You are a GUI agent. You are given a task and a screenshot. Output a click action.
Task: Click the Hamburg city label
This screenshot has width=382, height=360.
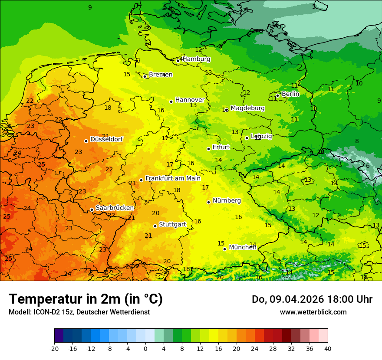196,59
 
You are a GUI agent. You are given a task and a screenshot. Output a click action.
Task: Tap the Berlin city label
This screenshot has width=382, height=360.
290,94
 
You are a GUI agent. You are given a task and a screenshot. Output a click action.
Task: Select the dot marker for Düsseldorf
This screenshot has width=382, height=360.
86,141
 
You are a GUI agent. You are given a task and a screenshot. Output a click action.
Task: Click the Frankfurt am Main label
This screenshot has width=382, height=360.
173,178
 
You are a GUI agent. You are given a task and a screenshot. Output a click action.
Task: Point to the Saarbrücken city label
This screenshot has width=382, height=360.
115,208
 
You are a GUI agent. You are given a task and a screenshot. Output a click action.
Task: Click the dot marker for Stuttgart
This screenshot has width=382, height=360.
155,226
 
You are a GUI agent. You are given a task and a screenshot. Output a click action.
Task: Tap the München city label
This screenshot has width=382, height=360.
242,247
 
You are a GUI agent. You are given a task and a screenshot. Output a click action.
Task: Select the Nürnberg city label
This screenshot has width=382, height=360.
227,200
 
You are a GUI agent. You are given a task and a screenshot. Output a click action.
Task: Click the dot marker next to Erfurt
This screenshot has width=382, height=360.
208,149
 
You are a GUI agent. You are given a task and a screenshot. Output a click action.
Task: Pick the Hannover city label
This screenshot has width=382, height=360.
190,100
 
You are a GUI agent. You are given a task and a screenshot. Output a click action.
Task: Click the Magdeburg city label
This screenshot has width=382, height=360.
247,108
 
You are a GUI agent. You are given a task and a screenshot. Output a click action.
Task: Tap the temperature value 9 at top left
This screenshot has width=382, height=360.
90,7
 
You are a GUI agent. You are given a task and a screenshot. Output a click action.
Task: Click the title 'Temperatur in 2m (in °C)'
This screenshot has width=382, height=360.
86,299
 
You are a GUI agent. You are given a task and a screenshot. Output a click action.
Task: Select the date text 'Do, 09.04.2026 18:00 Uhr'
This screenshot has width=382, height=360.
312,299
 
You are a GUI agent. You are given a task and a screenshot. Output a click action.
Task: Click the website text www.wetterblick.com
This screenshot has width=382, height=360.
313,312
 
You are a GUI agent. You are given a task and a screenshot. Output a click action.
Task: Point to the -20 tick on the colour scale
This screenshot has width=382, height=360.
54,348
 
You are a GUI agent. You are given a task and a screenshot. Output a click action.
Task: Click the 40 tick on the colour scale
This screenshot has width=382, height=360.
328,348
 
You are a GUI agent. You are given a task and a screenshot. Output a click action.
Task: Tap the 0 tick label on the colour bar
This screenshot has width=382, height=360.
145,348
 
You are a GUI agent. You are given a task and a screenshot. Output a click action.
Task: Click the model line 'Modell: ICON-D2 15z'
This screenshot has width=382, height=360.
79,312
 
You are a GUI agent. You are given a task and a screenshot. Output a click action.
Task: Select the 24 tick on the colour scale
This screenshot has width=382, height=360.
255,348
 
